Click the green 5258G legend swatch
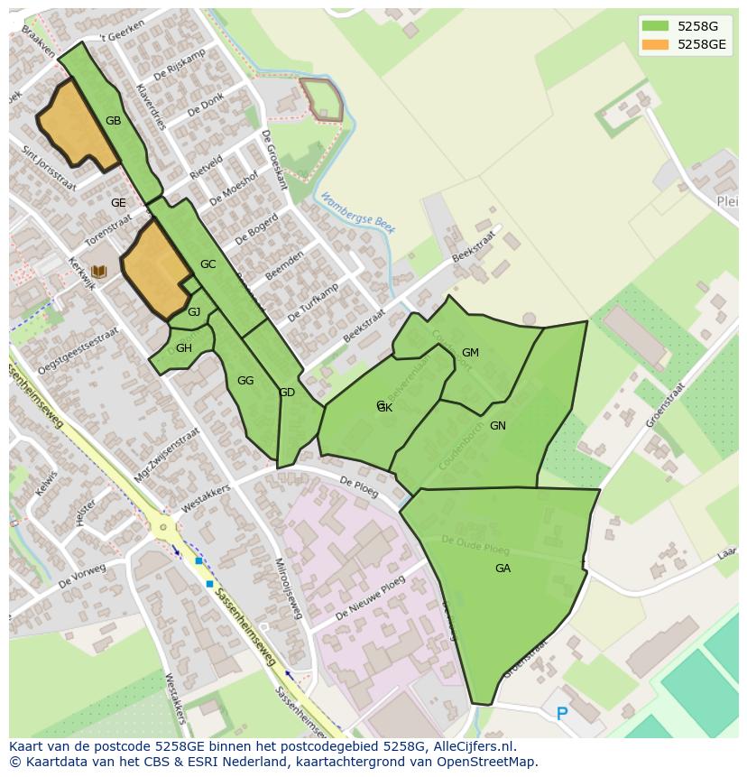[x=656, y=26]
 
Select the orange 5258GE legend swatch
[x=656, y=44]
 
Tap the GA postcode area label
[x=503, y=569]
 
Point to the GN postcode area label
[x=498, y=426]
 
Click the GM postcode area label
[x=470, y=353]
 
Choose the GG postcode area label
[x=245, y=381]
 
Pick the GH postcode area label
[x=184, y=348]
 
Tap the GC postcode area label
[x=208, y=264]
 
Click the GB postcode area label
[x=113, y=121]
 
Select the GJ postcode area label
[x=194, y=312]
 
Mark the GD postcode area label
[x=287, y=393]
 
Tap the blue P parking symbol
[x=562, y=715]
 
